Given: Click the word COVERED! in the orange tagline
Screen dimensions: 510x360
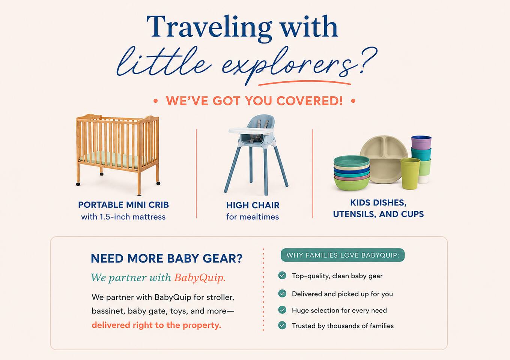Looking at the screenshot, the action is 310,100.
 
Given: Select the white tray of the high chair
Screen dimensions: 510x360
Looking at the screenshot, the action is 251,130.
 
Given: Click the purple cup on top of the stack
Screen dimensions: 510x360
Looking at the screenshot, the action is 421,142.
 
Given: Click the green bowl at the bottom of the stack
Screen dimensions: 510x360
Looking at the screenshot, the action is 352,184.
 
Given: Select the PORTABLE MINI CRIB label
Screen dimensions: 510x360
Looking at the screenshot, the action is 123,205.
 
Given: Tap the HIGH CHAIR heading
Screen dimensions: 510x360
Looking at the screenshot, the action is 253,205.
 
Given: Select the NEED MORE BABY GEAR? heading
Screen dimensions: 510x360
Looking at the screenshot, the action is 167,258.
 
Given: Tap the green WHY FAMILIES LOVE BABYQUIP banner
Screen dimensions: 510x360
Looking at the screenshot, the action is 343,255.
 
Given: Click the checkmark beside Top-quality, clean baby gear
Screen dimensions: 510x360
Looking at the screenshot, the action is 282,276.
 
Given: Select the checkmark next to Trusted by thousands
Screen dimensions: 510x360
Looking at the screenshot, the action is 282,325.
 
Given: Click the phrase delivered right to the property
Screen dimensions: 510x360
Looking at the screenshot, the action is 156,325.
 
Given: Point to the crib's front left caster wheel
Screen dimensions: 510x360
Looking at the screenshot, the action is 78,184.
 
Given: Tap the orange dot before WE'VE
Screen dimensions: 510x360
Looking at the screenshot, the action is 155,101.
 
